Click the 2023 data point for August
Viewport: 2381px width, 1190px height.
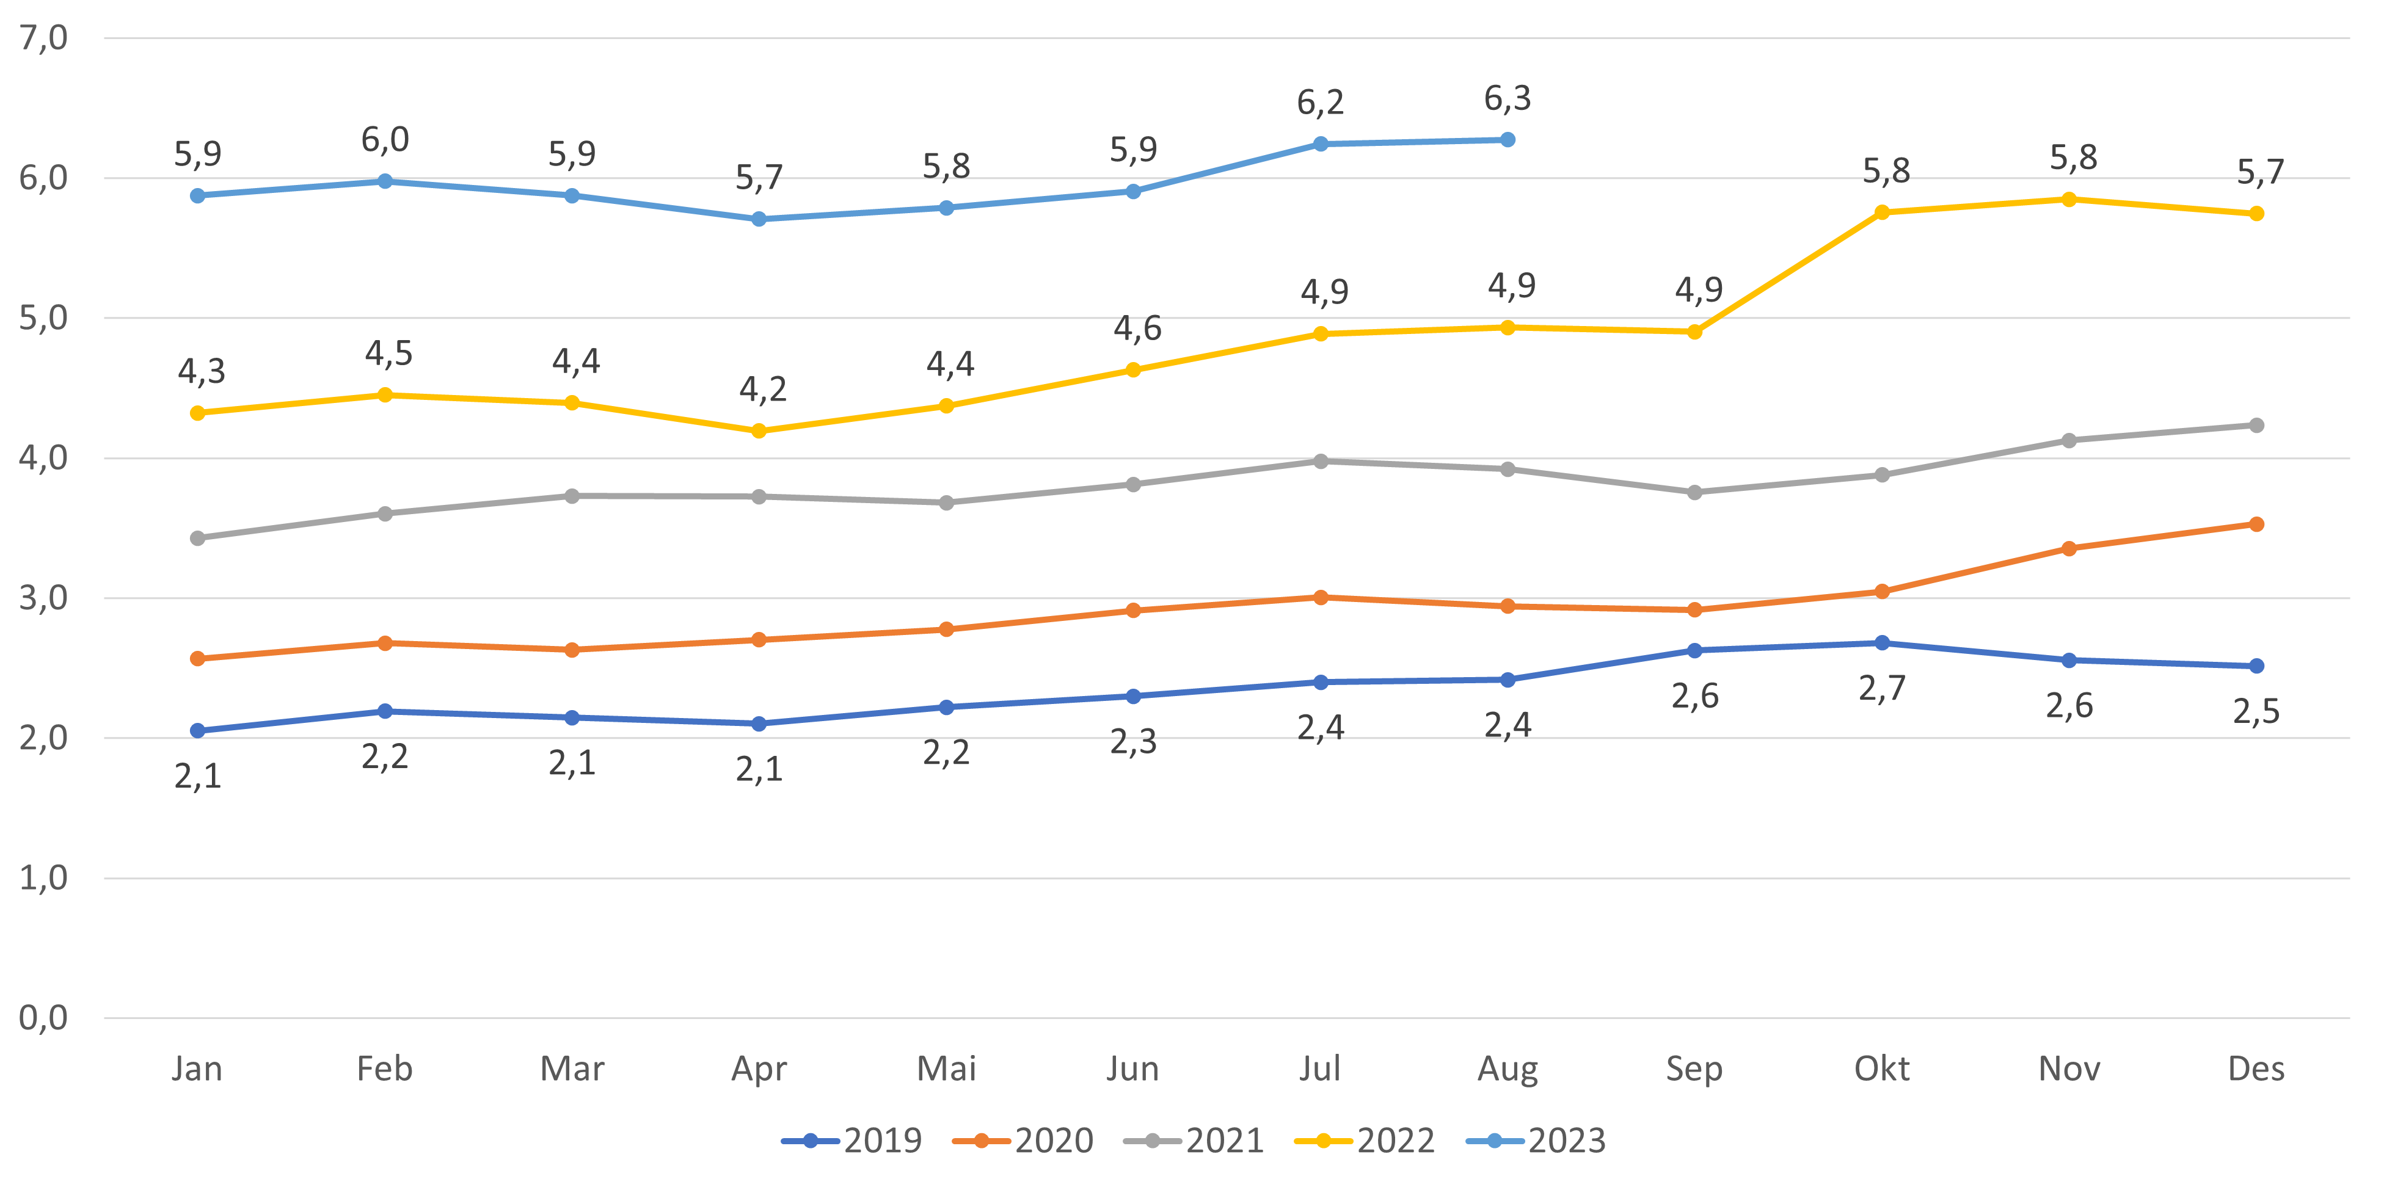(x=1508, y=139)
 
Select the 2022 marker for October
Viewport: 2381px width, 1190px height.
(x=1882, y=212)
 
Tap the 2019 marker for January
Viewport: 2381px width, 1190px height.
(x=198, y=731)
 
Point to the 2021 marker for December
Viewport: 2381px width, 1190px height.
(x=2256, y=425)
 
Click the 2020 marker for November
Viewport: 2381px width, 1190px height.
(x=2069, y=549)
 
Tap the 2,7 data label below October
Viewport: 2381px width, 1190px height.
(x=1882, y=688)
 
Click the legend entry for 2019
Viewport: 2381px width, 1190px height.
(x=852, y=1141)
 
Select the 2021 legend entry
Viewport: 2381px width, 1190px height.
(x=1194, y=1141)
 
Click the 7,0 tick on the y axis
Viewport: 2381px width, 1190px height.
(x=43, y=38)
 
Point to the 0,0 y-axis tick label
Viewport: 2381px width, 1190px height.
(x=43, y=1018)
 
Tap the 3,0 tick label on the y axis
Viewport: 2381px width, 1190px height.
(x=43, y=598)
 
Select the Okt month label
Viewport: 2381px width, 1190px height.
(x=1882, y=1069)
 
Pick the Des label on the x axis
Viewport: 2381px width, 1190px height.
(x=2256, y=1069)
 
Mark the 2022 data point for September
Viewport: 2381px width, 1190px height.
(x=1694, y=332)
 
